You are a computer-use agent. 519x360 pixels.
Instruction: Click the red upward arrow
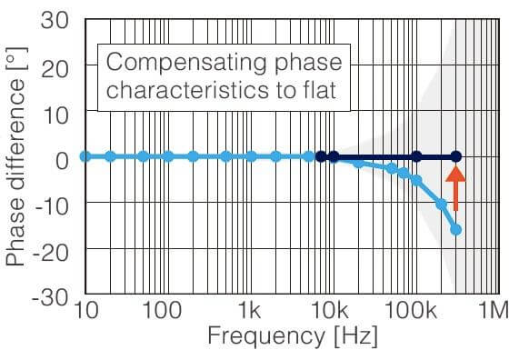[455, 188]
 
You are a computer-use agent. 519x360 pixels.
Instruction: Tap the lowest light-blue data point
[456, 230]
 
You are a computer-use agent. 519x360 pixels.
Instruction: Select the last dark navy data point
[456, 156]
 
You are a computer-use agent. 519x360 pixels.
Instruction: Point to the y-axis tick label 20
[55, 69]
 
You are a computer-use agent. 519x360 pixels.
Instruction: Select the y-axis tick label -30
[50, 298]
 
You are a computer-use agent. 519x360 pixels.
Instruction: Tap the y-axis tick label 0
[62, 161]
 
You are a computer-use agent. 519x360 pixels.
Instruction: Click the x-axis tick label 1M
[494, 311]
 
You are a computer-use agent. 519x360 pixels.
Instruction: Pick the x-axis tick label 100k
[412, 311]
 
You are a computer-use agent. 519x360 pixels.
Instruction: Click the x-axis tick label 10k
[330, 311]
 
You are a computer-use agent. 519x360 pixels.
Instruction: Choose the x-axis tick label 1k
[250, 311]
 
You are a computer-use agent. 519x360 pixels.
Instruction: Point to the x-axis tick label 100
[162, 311]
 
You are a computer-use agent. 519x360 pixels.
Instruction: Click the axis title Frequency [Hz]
[293, 336]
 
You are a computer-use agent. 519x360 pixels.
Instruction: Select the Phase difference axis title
[15, 156]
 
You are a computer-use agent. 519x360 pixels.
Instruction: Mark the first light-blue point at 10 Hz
[85, 156]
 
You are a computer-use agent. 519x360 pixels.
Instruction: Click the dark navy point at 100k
[417, 156]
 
